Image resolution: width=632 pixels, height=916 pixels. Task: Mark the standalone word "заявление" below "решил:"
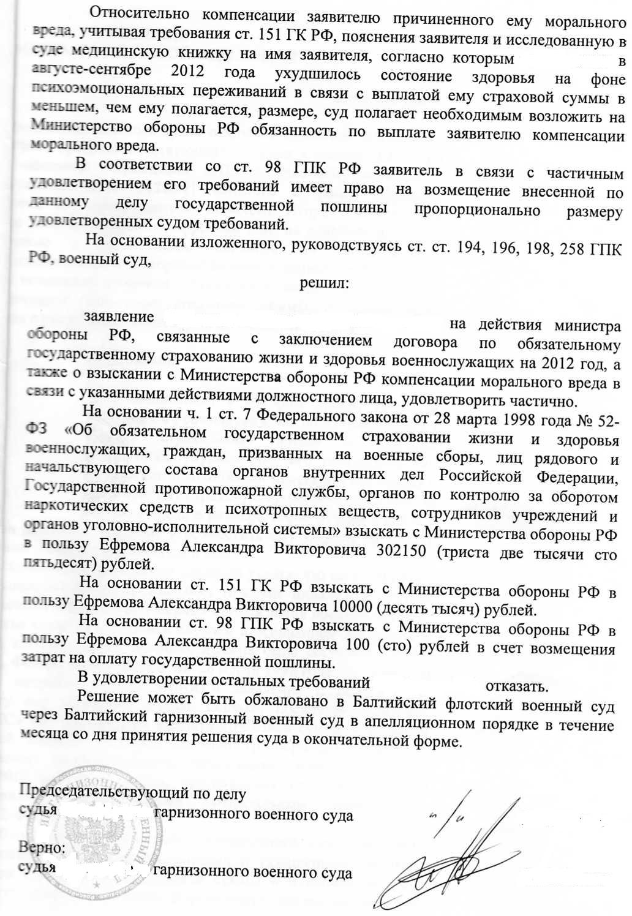(118, 317)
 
